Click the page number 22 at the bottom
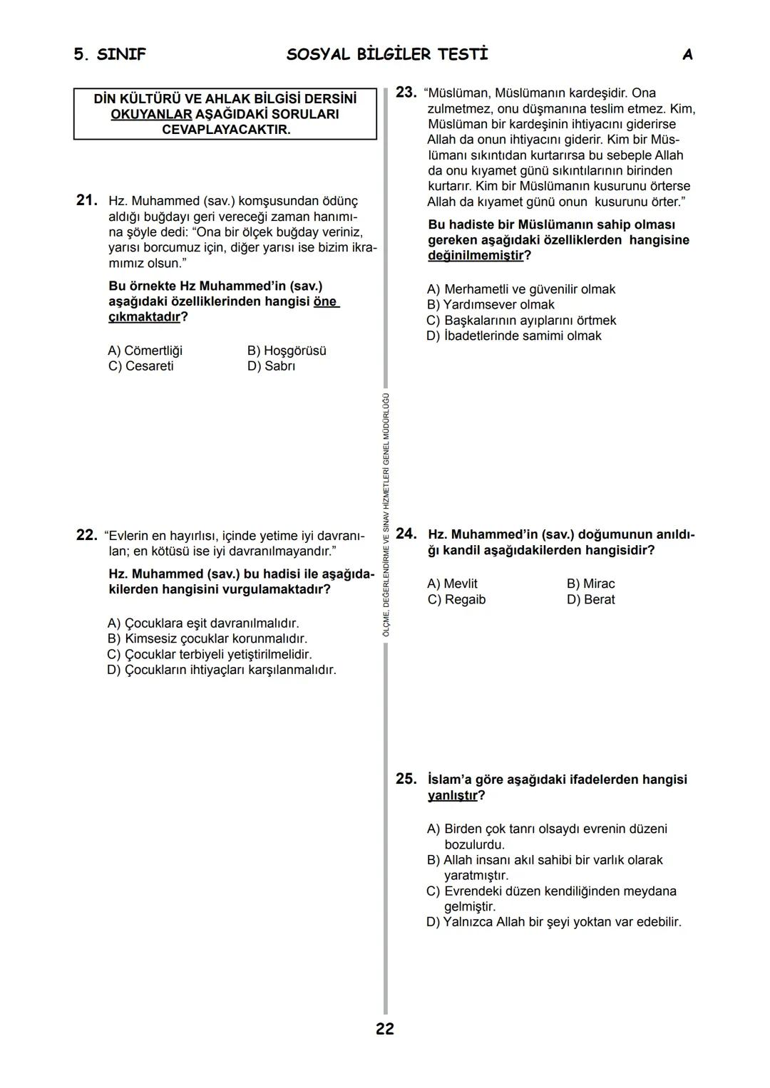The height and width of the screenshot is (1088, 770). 384,1029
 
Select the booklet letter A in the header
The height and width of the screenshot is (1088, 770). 687,55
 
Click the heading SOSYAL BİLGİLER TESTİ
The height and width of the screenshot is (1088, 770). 387,55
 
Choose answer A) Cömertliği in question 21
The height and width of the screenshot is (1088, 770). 145,351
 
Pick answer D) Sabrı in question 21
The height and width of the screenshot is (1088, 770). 271,366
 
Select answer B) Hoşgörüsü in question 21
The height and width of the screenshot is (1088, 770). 287,351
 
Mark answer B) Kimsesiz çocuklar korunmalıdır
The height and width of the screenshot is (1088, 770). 207,639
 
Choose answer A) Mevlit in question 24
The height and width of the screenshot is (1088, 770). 452,584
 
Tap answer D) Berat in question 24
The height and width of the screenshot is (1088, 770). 590,599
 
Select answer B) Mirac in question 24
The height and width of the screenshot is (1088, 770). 590,584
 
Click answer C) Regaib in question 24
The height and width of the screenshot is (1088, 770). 456,599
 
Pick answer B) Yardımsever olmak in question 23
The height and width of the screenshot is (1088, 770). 491,305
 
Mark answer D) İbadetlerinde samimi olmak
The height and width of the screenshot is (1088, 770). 514,336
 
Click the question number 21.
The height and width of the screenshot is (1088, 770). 86,200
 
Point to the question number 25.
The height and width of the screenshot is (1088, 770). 406,779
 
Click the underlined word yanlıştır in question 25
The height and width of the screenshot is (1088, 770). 452,795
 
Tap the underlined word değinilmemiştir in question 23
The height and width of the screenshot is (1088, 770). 475,256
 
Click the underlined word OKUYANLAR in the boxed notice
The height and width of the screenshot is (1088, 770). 151,115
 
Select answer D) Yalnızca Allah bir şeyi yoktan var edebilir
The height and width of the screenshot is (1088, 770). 554,922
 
